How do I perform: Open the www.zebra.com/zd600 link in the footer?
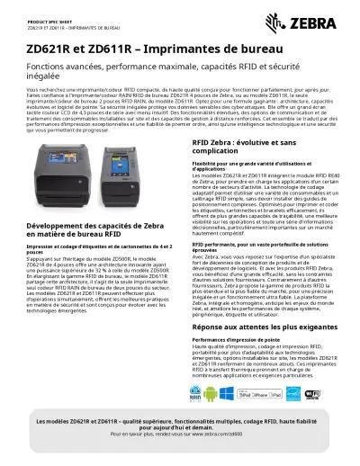(220, 434)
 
